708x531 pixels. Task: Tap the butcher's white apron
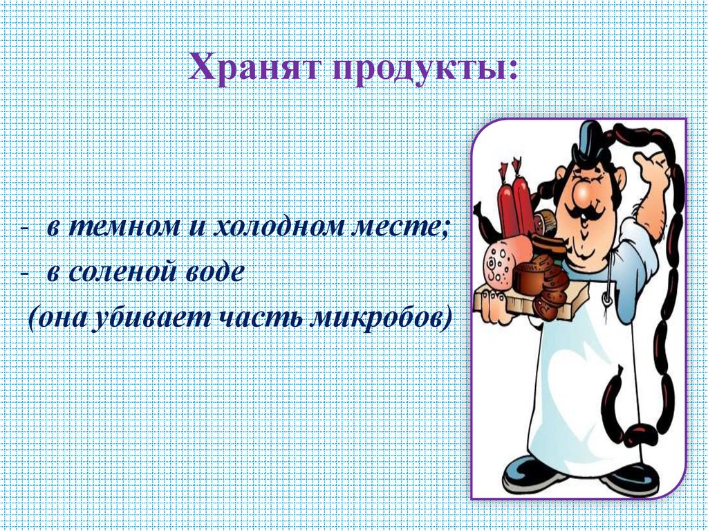tap(581, 388)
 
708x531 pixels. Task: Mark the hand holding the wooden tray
tap(492, 305)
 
